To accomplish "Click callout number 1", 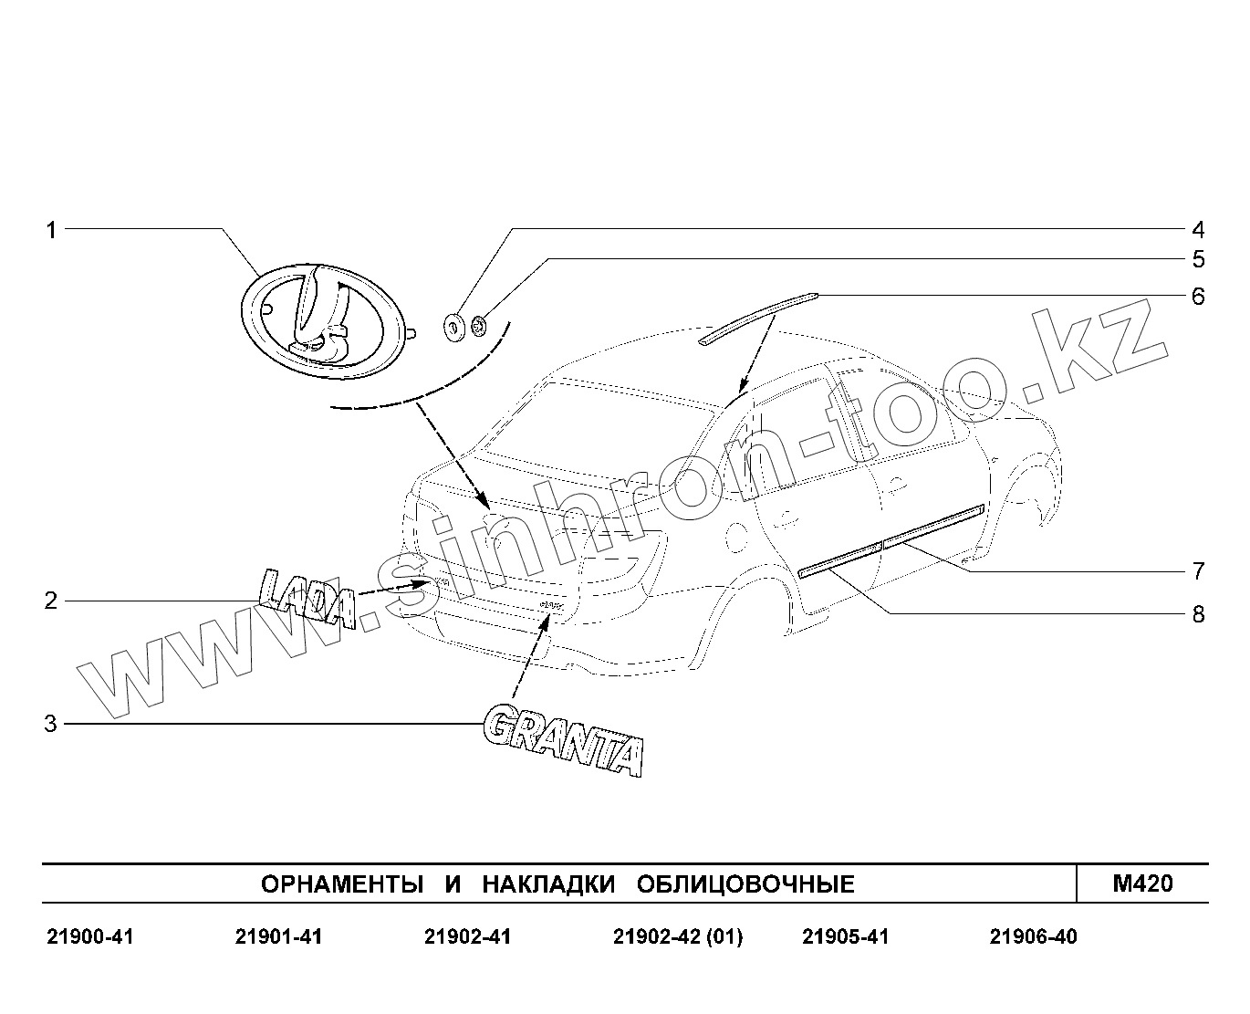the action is (x=52, y=230).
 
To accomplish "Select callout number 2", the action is (x=51, y=601).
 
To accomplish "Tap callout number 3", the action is (x=51, y=724).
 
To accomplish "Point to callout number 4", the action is (x=1198, y=230).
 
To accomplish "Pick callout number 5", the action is (x=1198, y=259).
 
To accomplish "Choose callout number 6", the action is (x=1198, y=297).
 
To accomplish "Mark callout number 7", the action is (x=1198, y=570).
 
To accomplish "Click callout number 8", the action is (x=1198, y=614).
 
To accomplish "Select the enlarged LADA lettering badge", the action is (x=307, y=599).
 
